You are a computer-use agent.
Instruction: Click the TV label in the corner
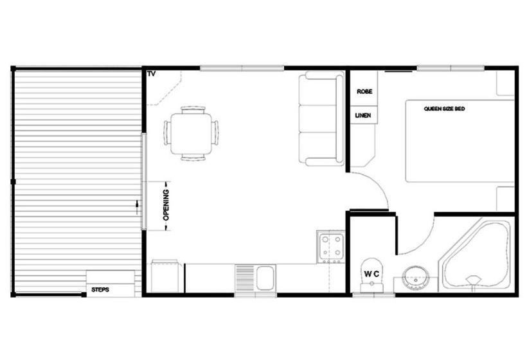pyautogui.click(x=152, y=74)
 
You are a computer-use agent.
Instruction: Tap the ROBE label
pyautogui.click(x=364, y=91)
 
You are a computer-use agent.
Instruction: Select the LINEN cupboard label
pyautogui.click(x=363, y=115)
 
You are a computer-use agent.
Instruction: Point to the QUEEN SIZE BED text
pyautogui.click(x=444, y=109)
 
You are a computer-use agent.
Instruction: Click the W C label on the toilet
pyautogui.click(x=371, y=274)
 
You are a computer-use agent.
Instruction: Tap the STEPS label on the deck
pyautogui.click(x=100, y=290)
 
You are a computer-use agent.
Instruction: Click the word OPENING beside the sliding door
pyautogui.click(x=166, y=205)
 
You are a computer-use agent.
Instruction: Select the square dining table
pyautogui.click(x=192, y=134)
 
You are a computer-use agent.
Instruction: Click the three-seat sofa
pyautogui.click(x=321, y=120)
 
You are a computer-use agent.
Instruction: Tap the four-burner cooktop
pyautogui.click(x=331, y=247)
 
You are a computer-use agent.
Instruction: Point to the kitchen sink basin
pyautogui.click(x=265, y=277)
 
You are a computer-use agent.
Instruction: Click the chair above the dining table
pyautogui.click(x=193, y=110)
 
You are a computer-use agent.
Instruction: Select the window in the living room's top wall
pyautogui.click(x=242, y=68)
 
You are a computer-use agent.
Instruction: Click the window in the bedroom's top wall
pyautogui.click(x=451, y=68)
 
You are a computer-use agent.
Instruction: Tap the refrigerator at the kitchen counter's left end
pyautogui.click(x=165, y=276)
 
